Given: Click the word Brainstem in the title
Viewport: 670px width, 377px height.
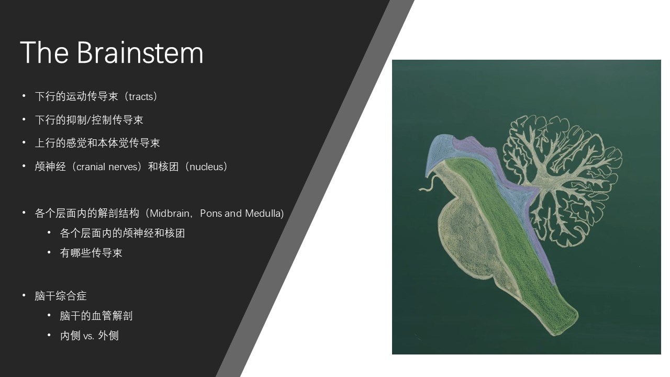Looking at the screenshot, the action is pos(140,52).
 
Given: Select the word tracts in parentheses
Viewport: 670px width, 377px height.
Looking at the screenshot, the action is pos(141,97).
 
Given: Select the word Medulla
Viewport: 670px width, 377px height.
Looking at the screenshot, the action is pos(263,213).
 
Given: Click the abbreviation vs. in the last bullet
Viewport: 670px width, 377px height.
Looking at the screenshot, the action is pos(88,336).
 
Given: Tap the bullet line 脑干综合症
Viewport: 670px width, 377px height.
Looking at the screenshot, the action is pos(61,296).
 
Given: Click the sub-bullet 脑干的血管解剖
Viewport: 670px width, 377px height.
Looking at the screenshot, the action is pos(96,316).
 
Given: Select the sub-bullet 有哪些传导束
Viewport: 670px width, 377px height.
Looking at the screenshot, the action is pos(91,253).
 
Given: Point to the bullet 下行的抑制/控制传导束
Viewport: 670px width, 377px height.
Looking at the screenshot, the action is pos(89,120).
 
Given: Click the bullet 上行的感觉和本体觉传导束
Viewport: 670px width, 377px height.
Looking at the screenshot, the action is pos(97,143).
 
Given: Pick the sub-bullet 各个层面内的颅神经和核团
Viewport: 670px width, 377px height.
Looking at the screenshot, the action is pos(122,233).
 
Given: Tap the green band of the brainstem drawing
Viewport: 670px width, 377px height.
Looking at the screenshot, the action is pos(508,239).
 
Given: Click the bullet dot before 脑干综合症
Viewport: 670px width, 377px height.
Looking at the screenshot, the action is pos(24,296).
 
